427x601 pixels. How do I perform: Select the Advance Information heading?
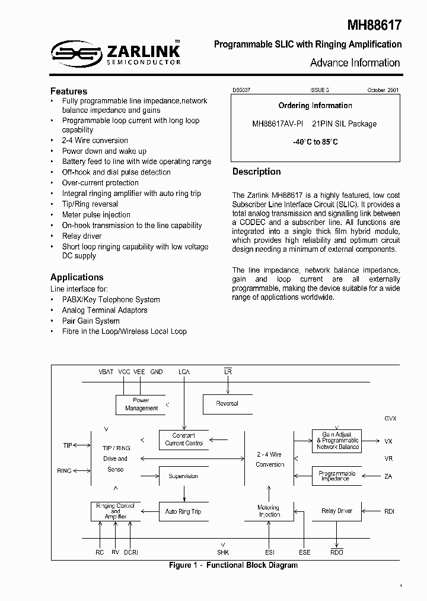355,62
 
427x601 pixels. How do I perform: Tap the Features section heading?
69,91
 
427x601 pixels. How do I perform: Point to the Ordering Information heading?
315,106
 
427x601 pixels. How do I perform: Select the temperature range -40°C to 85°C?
315,143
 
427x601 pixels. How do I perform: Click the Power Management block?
141,404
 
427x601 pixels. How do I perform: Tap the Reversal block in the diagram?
227,404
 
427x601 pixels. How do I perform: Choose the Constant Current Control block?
184,439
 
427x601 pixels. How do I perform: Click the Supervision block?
183,476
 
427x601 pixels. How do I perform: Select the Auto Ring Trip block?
183,511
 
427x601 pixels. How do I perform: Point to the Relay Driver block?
336,511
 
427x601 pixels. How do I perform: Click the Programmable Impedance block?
336,476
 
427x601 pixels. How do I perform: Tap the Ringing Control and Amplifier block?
115,511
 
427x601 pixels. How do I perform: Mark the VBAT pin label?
106,372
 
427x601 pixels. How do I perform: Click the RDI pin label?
389,511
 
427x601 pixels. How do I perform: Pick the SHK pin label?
223,552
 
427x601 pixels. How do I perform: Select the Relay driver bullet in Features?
82,236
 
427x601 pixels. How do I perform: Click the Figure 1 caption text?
233,565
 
